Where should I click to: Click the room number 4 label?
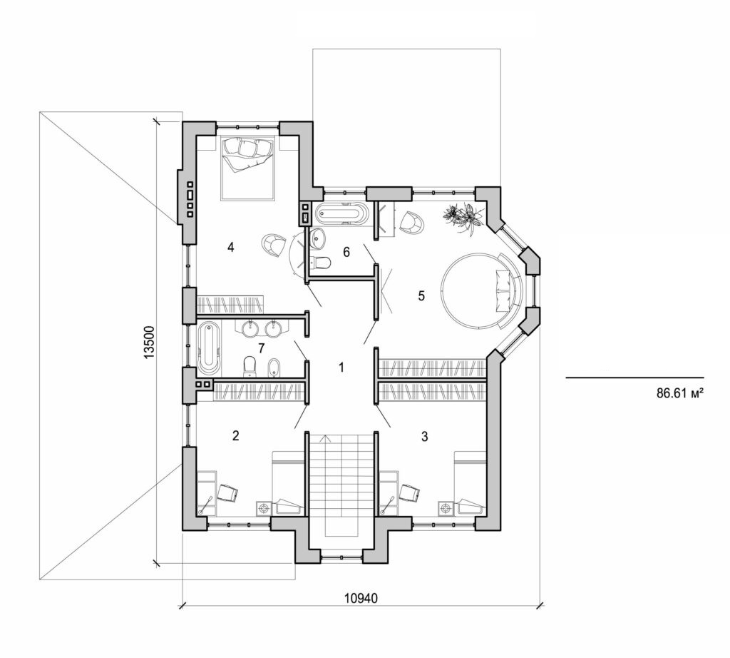231,247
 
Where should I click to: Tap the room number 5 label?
421,296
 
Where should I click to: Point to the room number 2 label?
235,436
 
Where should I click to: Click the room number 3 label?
425,437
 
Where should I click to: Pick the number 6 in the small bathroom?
346,252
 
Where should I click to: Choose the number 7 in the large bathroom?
262,348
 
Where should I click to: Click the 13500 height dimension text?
149,345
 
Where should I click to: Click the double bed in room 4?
247,169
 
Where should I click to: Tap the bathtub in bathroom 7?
209,348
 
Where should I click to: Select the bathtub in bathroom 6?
342,213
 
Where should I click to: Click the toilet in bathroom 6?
322,263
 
